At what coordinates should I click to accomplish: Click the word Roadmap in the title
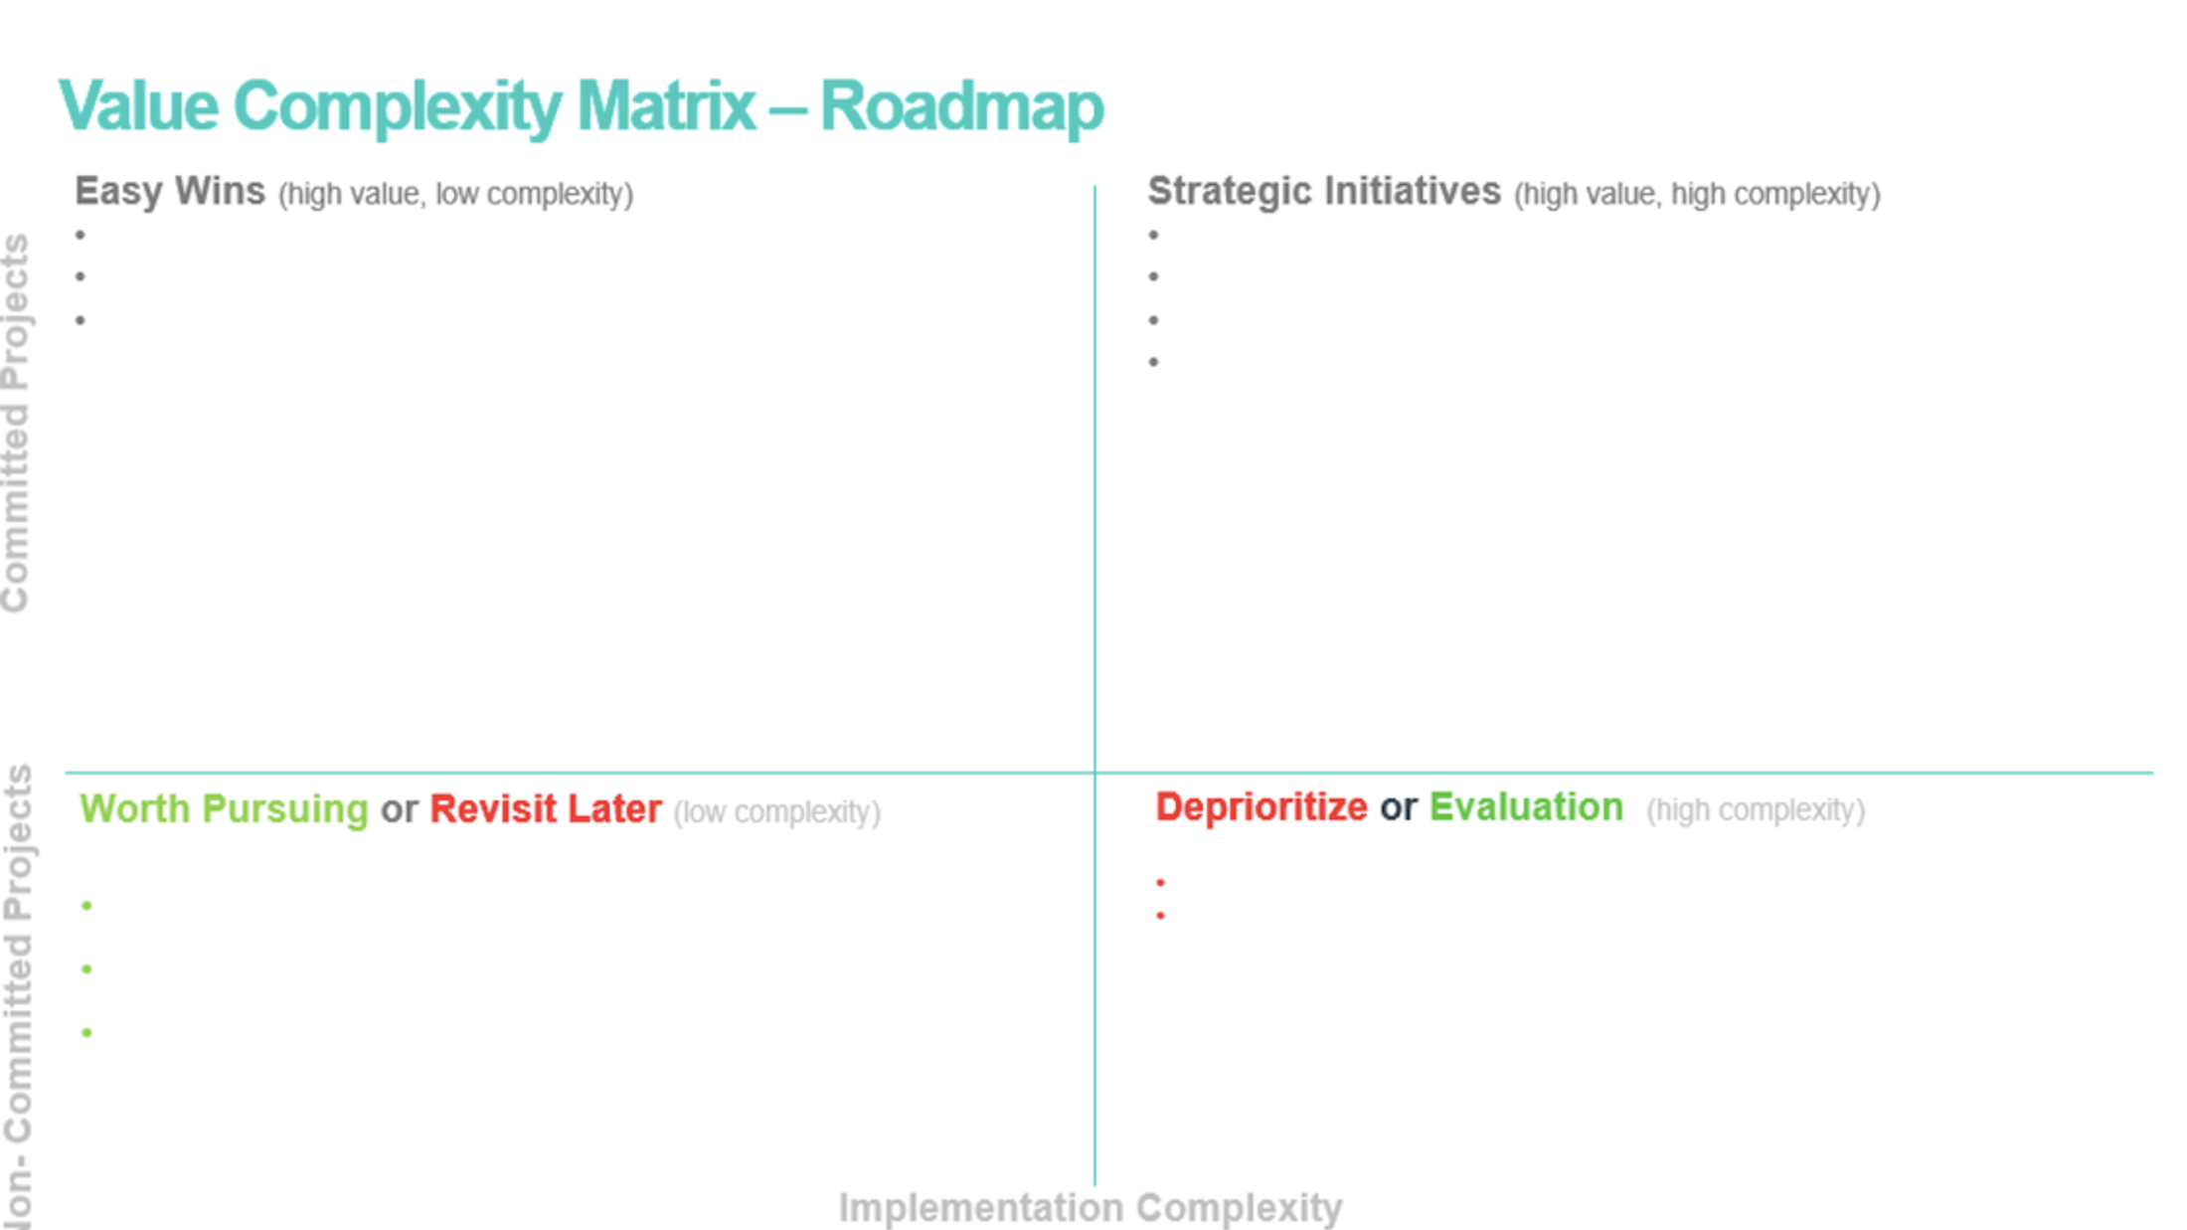pyautogui.click(x=961, y=106)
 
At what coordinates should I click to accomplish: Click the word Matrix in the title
pyautogui.click(x=666, y=106)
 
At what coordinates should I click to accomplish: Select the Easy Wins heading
pyautogui.click(x=170, y=191)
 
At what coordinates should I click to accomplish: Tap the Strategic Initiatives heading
pyautogui.click(x=1324, y=191)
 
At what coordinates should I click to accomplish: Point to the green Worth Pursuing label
pyautogui.click(x=224, y=809)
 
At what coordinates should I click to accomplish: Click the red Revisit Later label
pyautogui.click(x=546, y=809)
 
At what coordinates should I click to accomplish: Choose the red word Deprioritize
pyautogui.click(x=1261, y=807)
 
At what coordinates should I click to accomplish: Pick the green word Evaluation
pyautogui.click(x=1526, y=807)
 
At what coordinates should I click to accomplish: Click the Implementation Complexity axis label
pyautogui.click(x=1091, y=1208)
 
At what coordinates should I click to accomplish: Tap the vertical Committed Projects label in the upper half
pyautogui.click(x=17, y=423)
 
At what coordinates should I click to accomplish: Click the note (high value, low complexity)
pyautogui.click(x=455, y=194)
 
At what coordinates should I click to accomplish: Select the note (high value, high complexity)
pyautogui.click(x=1697, y=194)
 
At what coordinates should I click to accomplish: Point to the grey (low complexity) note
pyautogui.click(x=776, y=812)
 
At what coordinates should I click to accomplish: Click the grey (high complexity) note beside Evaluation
pyautogui.click(x=1756, y=810)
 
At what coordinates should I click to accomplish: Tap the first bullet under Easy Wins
pyautogui.click(x=81, y=236)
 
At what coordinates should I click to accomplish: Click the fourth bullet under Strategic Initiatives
pyautogui.click(x=1153, y=362)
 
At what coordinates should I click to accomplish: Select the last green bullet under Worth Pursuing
pyautogui.click(x=87, y=1033)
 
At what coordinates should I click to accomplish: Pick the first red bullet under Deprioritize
pyautogui.click(x=1160, y=882)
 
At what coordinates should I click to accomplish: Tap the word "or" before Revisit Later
pyautogui.click(x=399, y=810)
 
